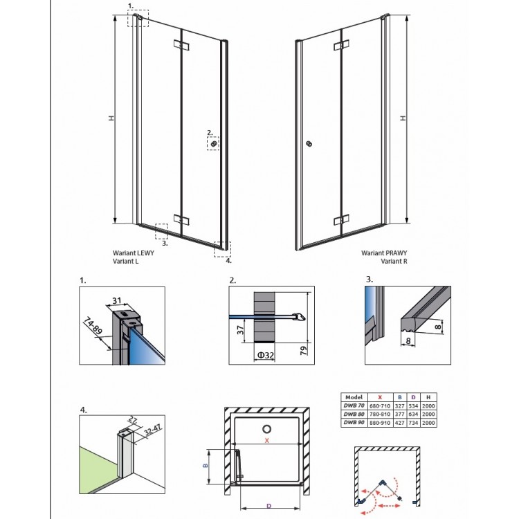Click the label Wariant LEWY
[134, 254]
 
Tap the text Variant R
[395, 262]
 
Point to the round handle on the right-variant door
[309, 144]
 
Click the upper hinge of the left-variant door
[182, 46]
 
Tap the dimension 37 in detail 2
[239, 330]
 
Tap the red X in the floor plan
[266, 439]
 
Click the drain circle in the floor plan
[267, 426]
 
